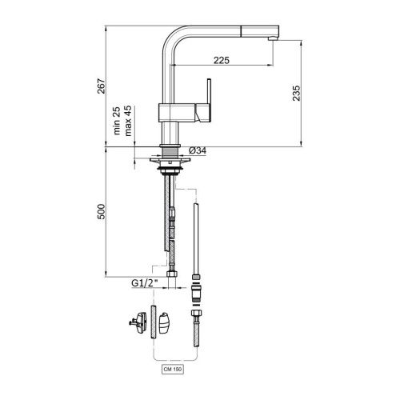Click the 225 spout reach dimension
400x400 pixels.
tap(222, 59)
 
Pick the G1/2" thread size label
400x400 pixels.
tap(145, 282)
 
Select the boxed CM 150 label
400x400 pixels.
tap(174, 370)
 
